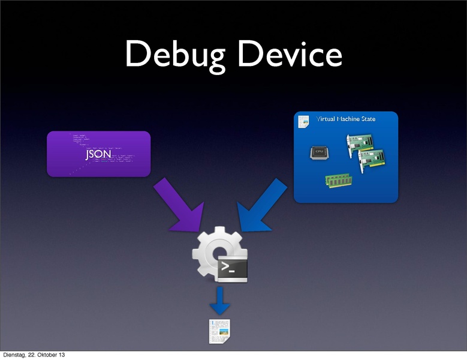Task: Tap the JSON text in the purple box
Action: tap(98, 154)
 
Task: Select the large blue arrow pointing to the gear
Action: tap(260, 205)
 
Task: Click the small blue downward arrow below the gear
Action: tap(220, 301)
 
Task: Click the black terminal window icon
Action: tap(232, 269)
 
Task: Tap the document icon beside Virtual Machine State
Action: tap(303, 120)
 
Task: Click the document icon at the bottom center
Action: tap(219, 332)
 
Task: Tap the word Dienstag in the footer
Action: tap(14, 355)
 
